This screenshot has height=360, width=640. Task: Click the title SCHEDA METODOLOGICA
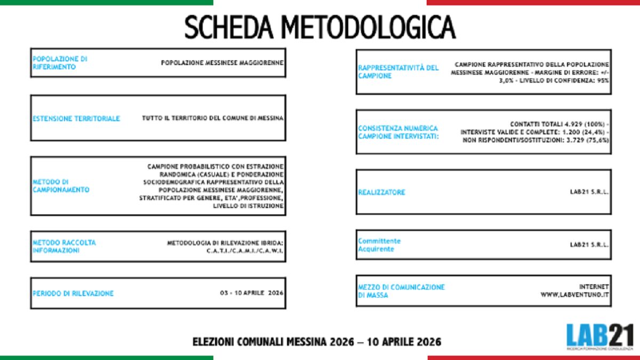[320, 27]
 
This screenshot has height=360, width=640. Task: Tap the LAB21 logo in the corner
[599, 337]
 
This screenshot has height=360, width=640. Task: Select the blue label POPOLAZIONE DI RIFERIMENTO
[60, 63]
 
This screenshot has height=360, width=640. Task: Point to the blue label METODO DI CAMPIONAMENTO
[60, 186]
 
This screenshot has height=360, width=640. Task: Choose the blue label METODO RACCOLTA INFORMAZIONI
[64, 246]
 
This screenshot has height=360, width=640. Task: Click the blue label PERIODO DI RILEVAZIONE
[73, 293]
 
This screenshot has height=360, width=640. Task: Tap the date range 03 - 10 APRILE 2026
[251, 293]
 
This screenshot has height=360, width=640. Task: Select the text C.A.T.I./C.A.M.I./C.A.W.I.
[245, 251]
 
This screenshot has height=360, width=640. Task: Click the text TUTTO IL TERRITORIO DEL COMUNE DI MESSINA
[212, 118]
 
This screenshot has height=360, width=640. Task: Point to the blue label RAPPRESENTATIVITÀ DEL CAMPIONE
[398, 72]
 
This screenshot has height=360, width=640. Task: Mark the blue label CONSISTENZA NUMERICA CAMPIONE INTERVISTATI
[398, 132]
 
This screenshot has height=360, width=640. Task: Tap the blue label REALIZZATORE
[381, 192]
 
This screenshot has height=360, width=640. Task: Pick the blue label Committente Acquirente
[379, 245]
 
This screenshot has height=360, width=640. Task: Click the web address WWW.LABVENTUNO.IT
[575, 294]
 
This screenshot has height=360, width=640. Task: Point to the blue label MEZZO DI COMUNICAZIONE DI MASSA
[401, 291]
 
